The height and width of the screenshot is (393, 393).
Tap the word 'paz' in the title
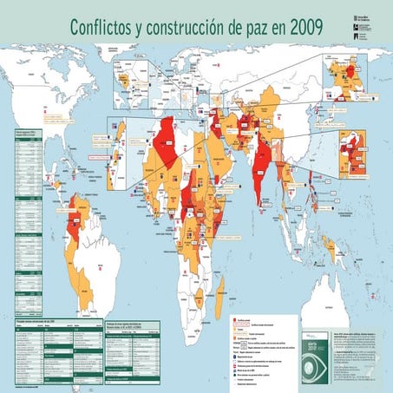pos(252,29)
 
